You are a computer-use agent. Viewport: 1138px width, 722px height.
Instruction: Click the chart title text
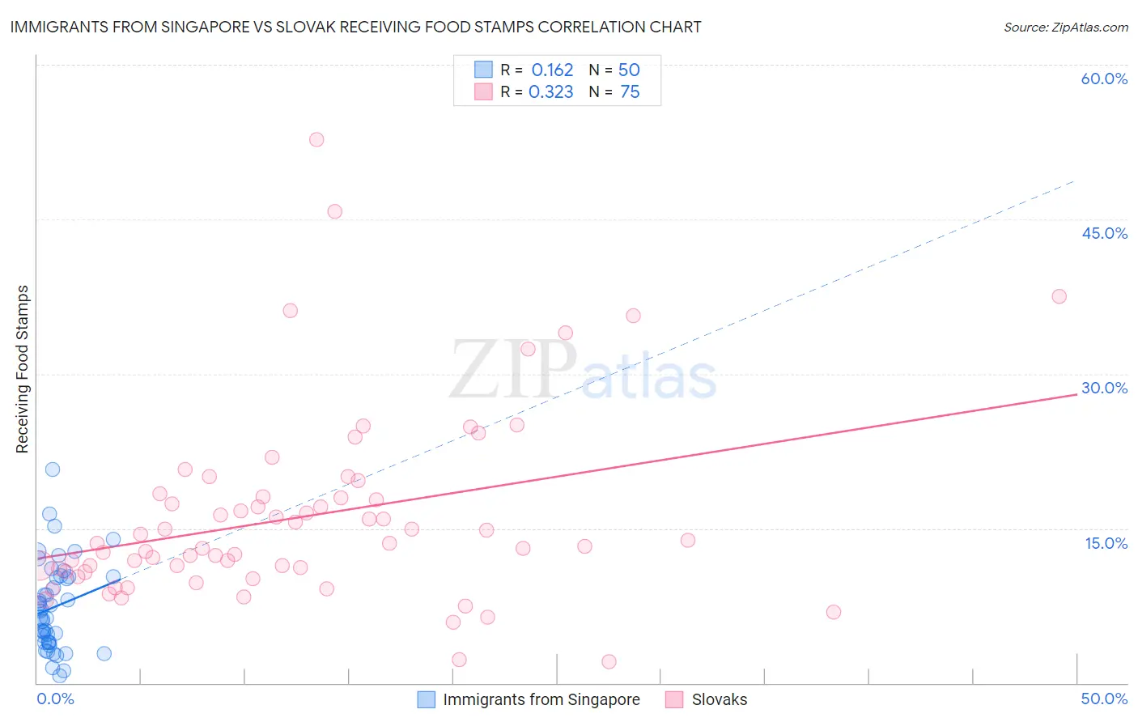[356, 27]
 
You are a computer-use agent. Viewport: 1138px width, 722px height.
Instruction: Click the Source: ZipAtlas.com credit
[1065, 28]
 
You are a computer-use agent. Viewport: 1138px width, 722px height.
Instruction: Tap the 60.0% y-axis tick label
[1104, 79]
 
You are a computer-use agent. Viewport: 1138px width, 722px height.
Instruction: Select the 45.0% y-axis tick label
[1104, 233]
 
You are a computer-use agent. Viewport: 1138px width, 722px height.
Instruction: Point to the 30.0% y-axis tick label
[1104, 388]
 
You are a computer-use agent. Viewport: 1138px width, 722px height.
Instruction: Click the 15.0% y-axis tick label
[1106, 543]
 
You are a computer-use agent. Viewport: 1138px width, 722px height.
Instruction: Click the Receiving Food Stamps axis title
[23, 369]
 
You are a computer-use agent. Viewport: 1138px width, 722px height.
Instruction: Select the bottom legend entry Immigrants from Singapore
[541, 699]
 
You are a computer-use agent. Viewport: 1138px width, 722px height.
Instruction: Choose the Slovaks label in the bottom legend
[719, 699]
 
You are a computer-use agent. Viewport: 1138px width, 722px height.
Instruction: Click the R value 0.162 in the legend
[552, 70]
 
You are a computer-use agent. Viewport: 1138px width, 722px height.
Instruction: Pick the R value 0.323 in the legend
[550, 92]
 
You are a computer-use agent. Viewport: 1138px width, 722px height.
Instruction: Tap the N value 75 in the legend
[630, 92]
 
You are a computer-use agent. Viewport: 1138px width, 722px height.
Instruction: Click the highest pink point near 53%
[316, 139]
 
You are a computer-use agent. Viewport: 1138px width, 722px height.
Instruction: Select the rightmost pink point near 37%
[1059, 296]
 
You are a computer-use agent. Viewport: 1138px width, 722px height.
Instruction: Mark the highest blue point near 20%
[53, 469]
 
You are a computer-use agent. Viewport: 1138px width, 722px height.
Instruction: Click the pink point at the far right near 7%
[834, 612]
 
